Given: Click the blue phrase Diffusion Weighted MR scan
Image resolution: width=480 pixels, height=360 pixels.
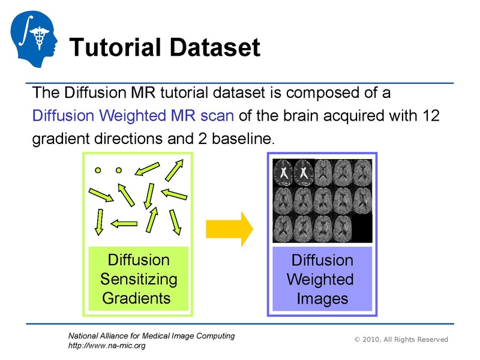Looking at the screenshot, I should (x=132, y=115).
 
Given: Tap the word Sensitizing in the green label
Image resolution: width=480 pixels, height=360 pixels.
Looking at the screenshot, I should (x=139, y=279).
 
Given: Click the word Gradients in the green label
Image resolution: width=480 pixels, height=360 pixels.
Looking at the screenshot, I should (x=137, y=298).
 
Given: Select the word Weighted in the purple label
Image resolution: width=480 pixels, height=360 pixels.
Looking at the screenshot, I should (x=320, y=279).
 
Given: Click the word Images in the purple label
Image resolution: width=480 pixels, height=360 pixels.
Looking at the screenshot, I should (x=322, y=298).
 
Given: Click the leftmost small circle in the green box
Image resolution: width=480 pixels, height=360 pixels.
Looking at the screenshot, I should (x=97, y=170).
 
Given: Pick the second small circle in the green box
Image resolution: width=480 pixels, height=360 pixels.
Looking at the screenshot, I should (x=119, y=170).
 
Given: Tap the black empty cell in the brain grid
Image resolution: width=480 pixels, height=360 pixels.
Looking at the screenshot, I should (x=362, y=228).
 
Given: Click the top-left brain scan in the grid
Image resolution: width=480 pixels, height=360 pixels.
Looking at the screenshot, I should (x=283, y=173).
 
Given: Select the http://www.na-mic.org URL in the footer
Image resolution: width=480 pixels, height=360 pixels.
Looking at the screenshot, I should (x=107, y=346).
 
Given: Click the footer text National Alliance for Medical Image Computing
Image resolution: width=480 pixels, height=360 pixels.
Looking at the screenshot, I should (x=151, y=335).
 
